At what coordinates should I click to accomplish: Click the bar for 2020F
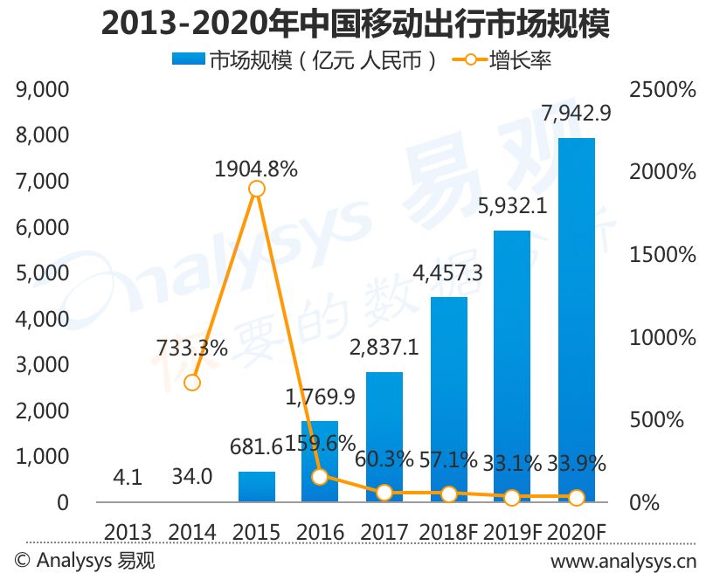(577, 320)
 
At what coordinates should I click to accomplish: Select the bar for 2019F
(512, 366)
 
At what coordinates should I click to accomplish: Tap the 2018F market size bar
(449, 399)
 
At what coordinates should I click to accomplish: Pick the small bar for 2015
(257, 487)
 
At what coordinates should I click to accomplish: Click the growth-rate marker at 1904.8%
(257, 188)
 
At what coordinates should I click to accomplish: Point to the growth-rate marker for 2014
(192, 383)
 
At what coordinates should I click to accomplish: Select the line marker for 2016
(321, 477)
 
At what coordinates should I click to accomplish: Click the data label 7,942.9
(576, 114)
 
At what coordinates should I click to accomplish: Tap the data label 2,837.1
(384, 349)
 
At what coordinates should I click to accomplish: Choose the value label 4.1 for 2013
(128, 478)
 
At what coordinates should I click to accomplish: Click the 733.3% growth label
(192, 349)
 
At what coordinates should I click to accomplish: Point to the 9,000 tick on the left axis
(42, 90)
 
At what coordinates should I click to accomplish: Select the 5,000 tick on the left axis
(42, 273)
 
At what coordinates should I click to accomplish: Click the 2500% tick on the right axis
(662, 90)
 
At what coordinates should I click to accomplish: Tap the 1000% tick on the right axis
(662, 338)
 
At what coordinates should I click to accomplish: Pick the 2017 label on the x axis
(384, 533)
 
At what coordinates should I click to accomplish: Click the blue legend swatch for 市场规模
(188, 59)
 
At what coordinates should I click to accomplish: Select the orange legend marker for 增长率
(469, 59)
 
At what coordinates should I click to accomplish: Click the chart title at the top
(355, 24)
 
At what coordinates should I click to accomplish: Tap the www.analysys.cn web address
(623, 562)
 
